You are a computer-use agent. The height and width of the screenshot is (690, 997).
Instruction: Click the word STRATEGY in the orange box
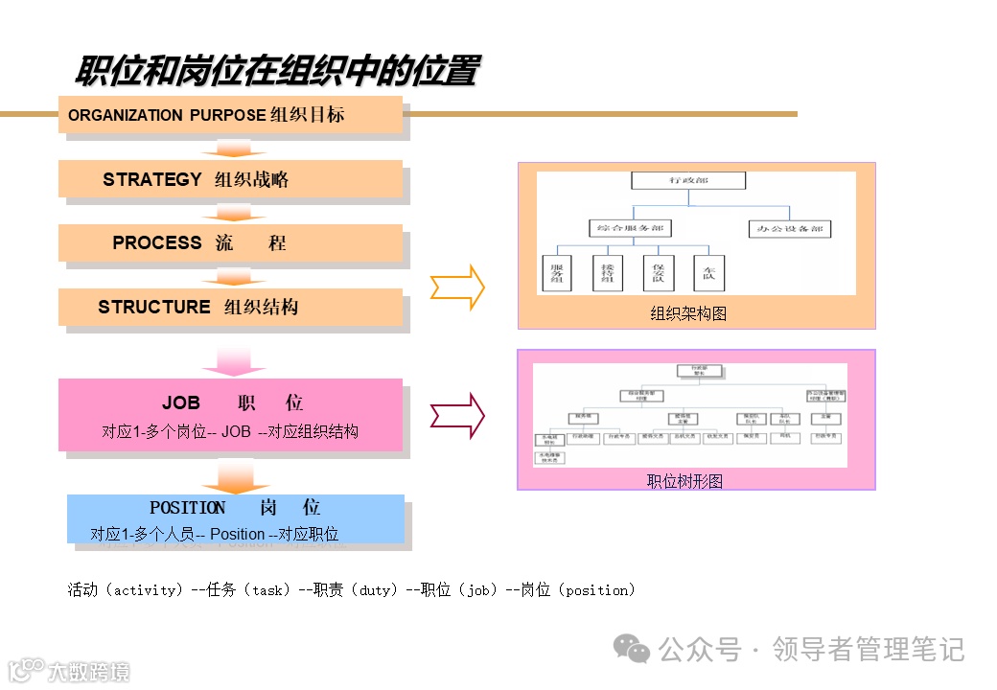(x=152, y=179)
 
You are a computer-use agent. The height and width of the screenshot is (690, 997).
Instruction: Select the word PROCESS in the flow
(x=157, y=242)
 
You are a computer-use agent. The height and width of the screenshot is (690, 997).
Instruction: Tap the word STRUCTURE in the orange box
(x=154, y=307)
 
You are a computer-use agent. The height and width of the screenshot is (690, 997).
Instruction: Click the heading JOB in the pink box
(x=181, y=403)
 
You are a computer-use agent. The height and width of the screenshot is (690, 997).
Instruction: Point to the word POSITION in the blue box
(x=188, y=508)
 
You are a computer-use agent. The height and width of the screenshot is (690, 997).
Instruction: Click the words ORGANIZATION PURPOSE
(x=167, y=115)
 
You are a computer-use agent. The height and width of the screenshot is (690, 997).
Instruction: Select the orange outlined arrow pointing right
(x=457, y=287)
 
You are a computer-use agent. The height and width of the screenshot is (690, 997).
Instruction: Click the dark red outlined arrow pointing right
(x=457, y=415)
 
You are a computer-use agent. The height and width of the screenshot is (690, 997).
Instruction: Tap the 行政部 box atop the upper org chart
(x=687, y=180)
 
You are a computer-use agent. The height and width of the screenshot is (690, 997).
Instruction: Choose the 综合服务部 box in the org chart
(x=629, y=229)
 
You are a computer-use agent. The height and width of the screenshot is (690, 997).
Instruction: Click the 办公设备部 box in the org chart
(x=789, y=229)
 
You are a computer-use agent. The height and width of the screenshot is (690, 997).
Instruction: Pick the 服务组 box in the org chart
(x=556, y=273)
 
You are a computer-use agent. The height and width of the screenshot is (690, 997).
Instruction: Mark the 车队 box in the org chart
(x=708, y=273)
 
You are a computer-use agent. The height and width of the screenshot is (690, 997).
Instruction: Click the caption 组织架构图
(x=688, y=313)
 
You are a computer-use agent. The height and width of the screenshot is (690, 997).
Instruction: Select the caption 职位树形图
(x=684, y=481)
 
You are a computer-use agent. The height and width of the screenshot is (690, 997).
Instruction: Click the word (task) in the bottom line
(x=267, y=590)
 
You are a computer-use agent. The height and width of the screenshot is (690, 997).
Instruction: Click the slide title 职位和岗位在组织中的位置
(x=277, y=72)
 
